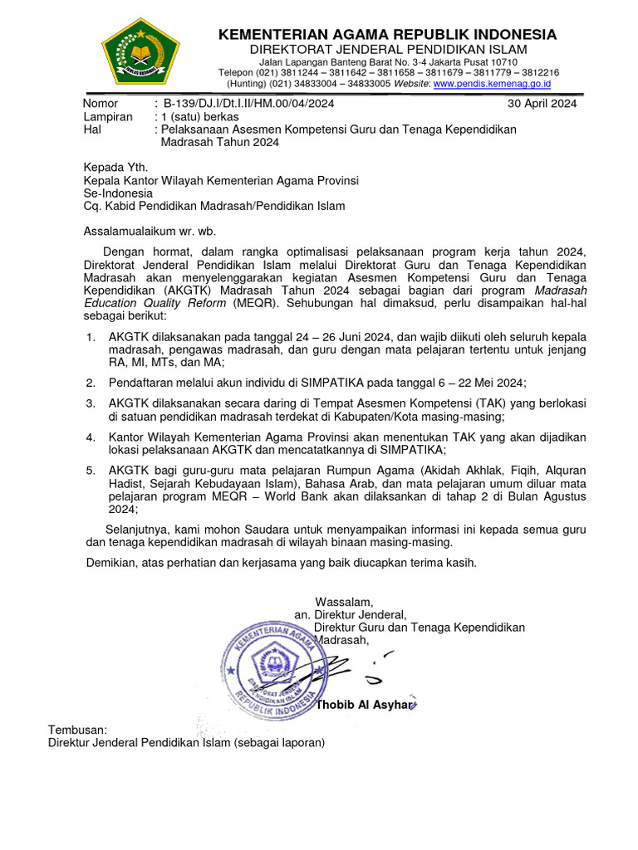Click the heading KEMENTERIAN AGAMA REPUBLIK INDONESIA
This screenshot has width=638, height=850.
(x=387, y=35)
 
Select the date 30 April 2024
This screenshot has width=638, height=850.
(x=542, y=104)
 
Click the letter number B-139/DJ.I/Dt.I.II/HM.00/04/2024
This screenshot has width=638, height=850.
(x=248, y=104)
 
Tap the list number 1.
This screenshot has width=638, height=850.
(x=91, y=337)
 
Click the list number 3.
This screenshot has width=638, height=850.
(x=91, y=403)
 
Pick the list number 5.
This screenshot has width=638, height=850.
(x=91, y=470)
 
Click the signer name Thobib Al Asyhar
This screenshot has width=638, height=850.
(x=364, y=705)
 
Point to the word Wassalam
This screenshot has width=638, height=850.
(x=344, y=602)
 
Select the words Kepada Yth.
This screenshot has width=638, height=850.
(x=116, y=167)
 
